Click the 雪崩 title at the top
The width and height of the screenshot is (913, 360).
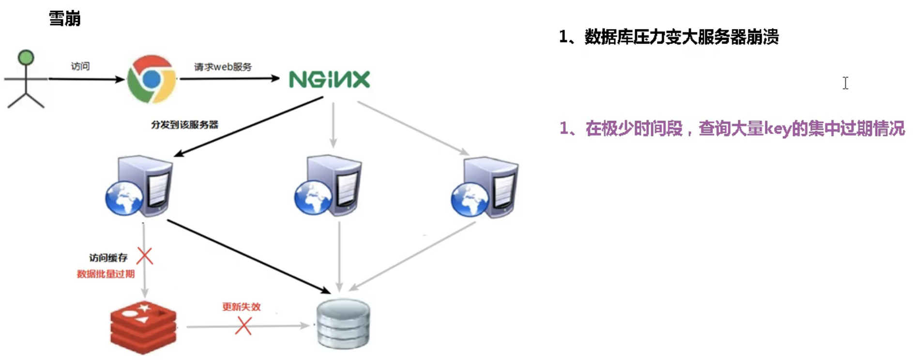point(64,18)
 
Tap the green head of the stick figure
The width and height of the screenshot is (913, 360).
point(26,58)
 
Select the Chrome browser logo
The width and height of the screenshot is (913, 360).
point(152,79)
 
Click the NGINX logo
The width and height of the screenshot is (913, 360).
point(329,79)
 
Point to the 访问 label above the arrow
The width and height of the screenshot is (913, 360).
point(80,66)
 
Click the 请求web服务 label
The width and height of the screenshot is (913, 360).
point(223,67)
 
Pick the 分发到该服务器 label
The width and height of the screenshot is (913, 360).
point(184,124)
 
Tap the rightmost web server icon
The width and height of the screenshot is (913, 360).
point(485,187)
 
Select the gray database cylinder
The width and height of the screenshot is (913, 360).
point(343,323)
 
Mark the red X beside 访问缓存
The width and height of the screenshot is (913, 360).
point(145,255)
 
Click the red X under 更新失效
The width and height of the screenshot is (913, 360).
point(243,326)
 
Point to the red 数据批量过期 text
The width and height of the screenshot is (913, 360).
point(106,274)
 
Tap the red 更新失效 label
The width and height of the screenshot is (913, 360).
point(241,307)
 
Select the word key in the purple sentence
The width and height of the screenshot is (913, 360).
point(777,129)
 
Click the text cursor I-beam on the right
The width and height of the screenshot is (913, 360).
point(845,83)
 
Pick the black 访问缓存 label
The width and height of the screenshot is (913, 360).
point(108,258)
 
